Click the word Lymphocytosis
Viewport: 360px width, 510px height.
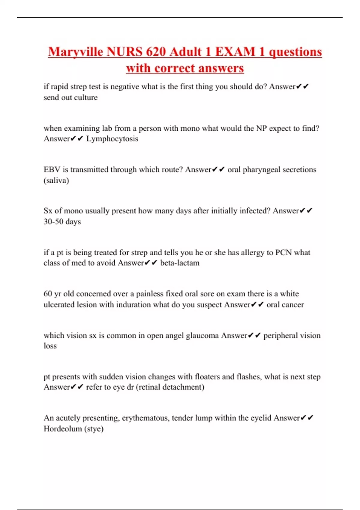tap(112, 139)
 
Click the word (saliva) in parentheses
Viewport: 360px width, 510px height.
tap(56, 181)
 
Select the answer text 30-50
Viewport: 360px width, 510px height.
tap(53, 222)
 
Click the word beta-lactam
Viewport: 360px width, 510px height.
tap(180, 263)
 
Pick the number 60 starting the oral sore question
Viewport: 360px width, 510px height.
tap(48, 294)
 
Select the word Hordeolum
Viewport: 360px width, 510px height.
tap(63, 429)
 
